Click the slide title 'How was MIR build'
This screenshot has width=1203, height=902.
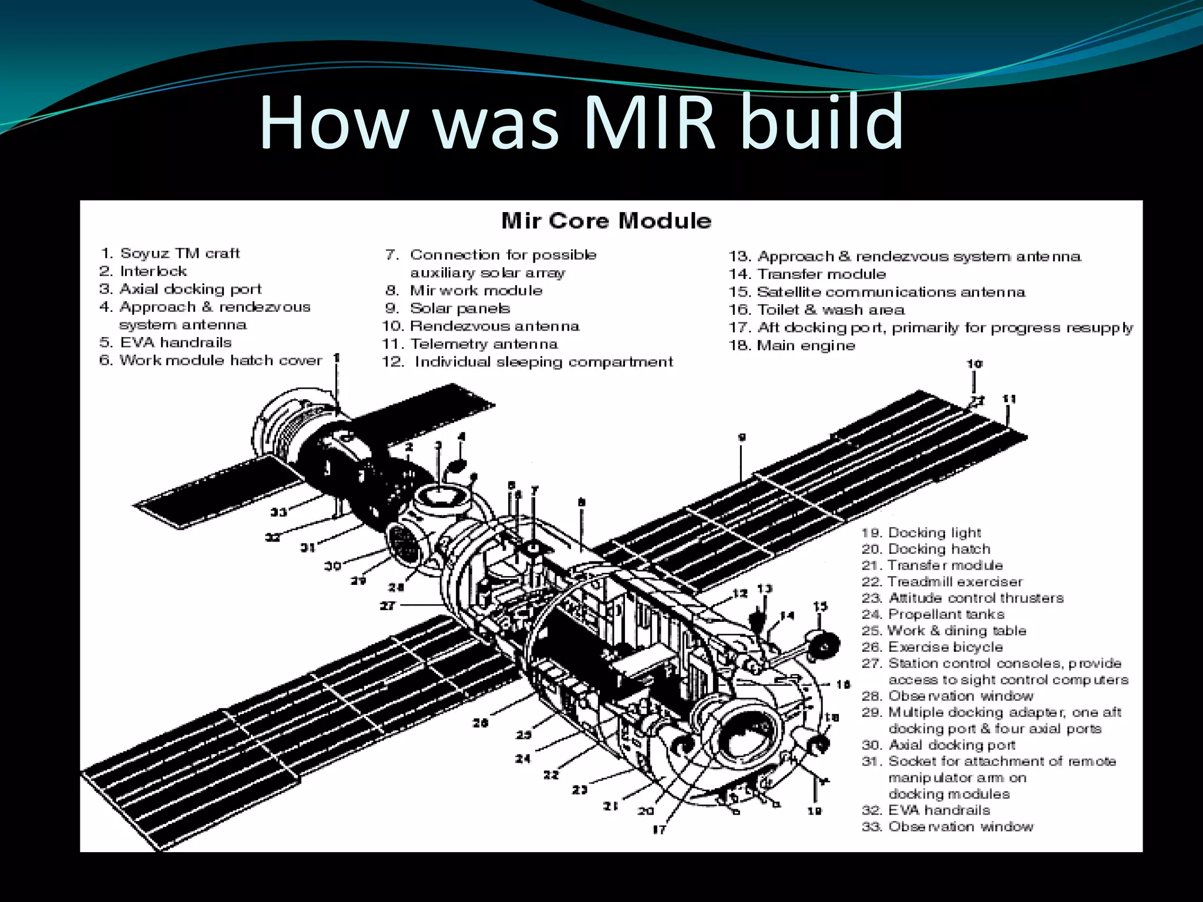click(x=580, y=122)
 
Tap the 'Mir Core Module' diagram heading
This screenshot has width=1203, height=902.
click(x=606, y=221)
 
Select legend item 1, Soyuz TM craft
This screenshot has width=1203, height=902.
click(x=170, y=253)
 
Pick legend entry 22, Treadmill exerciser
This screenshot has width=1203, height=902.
click(x=942, y=581)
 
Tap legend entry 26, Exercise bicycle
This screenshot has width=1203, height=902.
click(x=932, y=647)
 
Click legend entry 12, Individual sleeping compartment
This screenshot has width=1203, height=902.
click(x=527, y=362)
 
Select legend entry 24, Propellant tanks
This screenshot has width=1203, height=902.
click(x=933, y=614)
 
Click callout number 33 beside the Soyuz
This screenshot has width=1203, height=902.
click(x=278, y=512)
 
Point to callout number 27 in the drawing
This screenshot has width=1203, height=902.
click(x=388, y=605)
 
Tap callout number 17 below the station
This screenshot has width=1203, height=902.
click(x=659, y=829)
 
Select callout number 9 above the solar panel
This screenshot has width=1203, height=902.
click(x=742, y=437)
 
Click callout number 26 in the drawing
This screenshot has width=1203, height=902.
click(x=480, y=723)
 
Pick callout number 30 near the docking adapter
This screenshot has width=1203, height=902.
click(x=332, y=566)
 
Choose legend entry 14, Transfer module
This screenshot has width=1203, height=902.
click(x=807, y=274)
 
